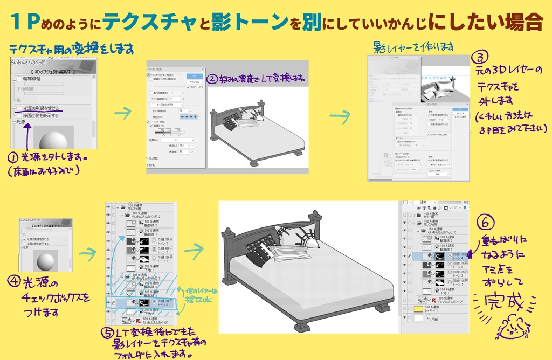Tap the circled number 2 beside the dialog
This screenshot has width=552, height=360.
[x=212, y=79]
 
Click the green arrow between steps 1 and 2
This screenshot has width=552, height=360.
[x=124, y=113]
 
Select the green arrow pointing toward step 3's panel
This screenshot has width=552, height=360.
[x=340, y=115]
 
